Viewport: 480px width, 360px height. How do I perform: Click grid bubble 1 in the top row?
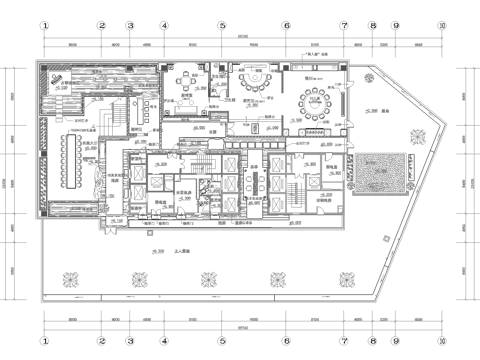coord(44,26)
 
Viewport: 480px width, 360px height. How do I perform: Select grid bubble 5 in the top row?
coord(222,26)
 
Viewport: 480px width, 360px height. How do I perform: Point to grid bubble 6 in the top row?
coord(286,26)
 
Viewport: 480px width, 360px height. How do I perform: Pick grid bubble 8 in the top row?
coord(372,26)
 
